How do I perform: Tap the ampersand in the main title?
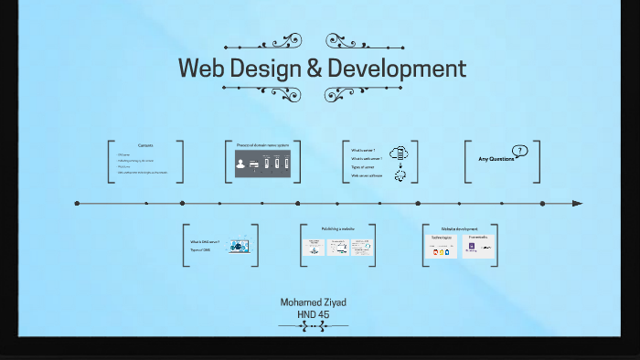tap(314, 69)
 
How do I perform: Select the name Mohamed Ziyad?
tap(313, 302)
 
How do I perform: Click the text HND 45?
tap(313, 314)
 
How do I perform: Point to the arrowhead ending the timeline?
tap(576, 203)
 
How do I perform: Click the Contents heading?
tap(145, 146)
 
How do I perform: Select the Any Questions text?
tap(496, 159)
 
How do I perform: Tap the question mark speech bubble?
tap(520, 151)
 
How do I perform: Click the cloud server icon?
tap(398, 154)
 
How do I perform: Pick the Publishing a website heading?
tap(337, 229)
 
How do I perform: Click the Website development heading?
tap(459, 229)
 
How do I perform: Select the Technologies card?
tap(443, 246)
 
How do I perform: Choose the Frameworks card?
tap(479, 246)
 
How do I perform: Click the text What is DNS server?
tap(205, 242)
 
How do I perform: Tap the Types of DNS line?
tap(200, 249)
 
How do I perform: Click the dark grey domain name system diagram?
tap(262, 164)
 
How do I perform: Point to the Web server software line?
tap(367, 175)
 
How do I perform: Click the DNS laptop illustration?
tap(239, 246)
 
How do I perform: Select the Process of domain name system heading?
tap(262, 146)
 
